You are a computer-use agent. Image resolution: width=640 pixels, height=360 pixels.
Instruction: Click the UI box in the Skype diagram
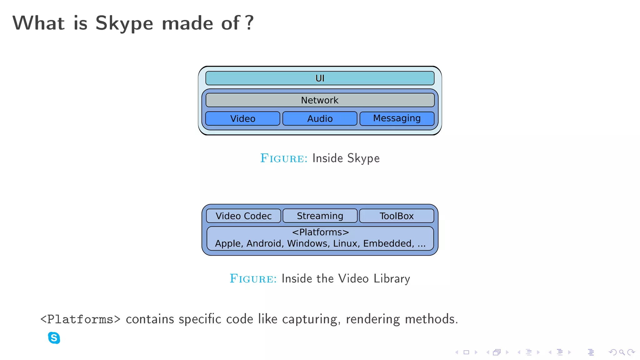[320, 78]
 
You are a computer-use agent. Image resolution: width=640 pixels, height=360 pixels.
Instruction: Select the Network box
[320, 100]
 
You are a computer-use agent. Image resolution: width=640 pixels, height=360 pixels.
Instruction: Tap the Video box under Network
[243, 119]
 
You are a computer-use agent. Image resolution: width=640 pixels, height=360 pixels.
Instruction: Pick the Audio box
[320, 119]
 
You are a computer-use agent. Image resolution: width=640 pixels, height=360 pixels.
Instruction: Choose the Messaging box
[397, 118]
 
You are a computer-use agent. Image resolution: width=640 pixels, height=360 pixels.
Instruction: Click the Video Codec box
[243, 216]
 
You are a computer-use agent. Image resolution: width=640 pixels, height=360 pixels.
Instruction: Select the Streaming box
[320, 216]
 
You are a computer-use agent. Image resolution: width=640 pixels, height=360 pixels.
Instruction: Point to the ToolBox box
[397, 216]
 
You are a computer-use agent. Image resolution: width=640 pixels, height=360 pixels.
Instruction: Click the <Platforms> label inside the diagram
[320, 232]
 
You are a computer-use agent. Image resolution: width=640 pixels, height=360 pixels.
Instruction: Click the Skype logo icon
[54, 338]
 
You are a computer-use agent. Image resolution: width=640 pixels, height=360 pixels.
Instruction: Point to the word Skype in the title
[124, 23]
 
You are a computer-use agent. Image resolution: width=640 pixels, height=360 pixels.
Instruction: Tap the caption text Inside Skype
[346, 158]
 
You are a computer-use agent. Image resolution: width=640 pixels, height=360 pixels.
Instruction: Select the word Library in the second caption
[392, 279]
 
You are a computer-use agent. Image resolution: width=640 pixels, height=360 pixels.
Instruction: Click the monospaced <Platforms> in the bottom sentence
[80, 319]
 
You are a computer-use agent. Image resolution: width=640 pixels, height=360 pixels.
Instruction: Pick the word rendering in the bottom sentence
[372, 319]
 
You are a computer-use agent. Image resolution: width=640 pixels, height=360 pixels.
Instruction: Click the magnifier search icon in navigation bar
[622, 352]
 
